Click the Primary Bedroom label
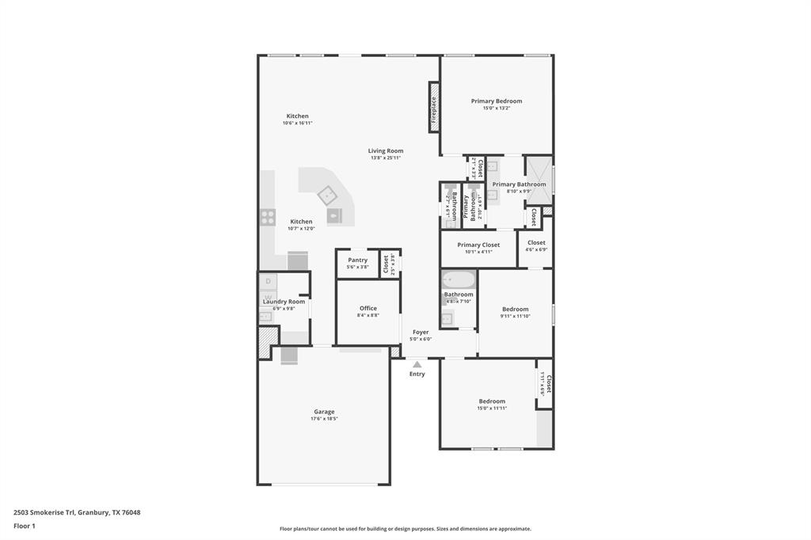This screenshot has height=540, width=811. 497,101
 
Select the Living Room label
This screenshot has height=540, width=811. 386,150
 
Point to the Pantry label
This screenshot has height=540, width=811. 357,260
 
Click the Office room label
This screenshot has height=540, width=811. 368,308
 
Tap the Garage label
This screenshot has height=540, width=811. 324,411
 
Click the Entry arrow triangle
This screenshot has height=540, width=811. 417,364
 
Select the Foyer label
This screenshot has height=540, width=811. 421,333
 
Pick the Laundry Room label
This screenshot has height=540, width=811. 284,302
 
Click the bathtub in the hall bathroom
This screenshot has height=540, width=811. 458,280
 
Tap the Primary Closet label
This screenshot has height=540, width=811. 478,245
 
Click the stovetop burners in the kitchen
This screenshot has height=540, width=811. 268,217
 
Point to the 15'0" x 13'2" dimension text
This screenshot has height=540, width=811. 497,108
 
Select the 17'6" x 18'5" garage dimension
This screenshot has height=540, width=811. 324,419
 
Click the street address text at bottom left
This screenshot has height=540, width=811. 77,512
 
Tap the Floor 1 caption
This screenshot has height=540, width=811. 25,526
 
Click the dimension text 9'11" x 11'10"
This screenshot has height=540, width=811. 515,316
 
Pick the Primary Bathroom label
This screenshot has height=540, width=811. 519,184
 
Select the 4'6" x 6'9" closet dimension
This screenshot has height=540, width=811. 536,249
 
